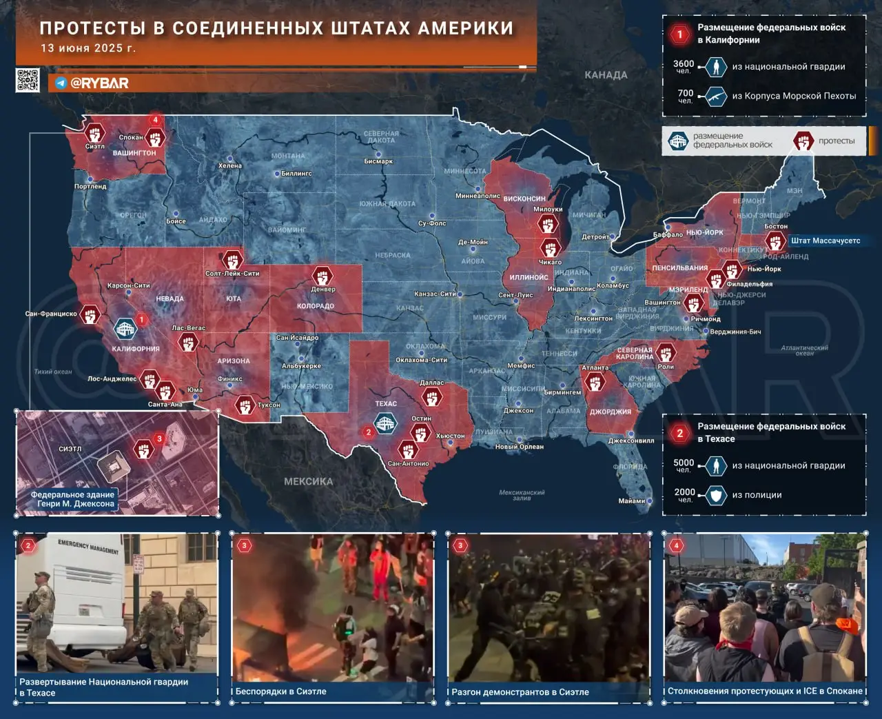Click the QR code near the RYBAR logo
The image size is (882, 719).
click(x=28, y=80)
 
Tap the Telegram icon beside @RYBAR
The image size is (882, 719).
click(x=61, y=83)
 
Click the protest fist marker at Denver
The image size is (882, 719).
click(x=322, y=275)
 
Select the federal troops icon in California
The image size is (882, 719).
click(x=125, y=328)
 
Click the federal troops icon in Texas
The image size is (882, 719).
click(x=385, y=423)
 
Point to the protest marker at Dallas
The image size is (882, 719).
click(x=432, y=397)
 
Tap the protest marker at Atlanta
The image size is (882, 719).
click(x=595, y=382)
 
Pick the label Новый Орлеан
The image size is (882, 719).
click(x=520, y=447)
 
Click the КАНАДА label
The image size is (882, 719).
click(x=606, y=74)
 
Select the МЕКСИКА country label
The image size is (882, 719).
click(x=308, y=481)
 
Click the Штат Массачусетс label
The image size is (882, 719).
click(x=825, y=241)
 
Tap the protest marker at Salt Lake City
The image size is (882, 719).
click(x=233, y=260)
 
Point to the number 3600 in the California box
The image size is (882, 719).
click(x=684, y=63)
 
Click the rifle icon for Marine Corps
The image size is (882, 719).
click(x=717, y=96)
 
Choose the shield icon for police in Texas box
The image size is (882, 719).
click(x=717, y=495)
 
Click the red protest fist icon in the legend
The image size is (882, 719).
click(x=803, y=141)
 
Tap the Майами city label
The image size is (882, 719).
click(x=631, y=501)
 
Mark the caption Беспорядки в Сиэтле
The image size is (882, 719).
click(x=281, y=691)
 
